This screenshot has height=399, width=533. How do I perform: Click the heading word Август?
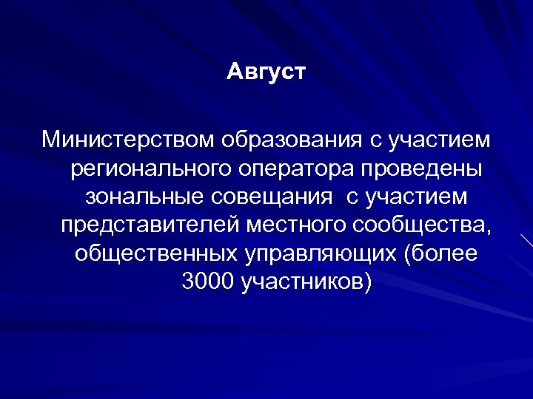point(266,73)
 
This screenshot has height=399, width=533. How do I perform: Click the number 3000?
point(207,281)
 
